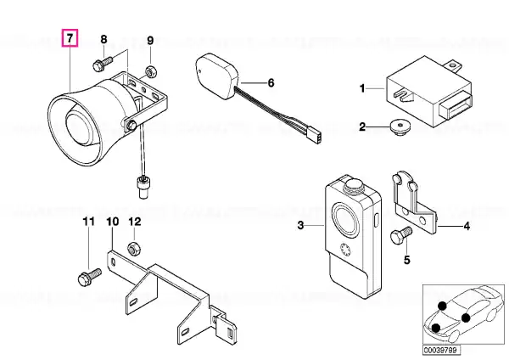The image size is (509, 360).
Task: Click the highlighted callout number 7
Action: (x=70, y=38)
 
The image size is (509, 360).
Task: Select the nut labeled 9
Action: (x=150, y=71)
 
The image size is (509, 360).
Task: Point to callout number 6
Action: (x=271, y=83)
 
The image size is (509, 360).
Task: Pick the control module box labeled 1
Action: (x=428, y=92)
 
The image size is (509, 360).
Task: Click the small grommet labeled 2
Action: (x=400, y=127)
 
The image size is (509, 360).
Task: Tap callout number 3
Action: (x=300, y=225)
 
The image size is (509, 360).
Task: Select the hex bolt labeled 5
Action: (x=401, y=236)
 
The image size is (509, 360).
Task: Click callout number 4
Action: (x=467, y=226)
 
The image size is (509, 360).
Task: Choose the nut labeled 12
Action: (x=133, y=249)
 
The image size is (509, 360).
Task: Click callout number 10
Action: (x=113, y=222)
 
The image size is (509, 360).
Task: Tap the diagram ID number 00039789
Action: (x=441, y=350)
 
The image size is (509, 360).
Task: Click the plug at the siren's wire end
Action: (x=143, y=187)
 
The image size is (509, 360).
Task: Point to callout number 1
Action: (x=362, y=88)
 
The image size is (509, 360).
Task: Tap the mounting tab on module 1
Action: (x=454, y=65)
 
